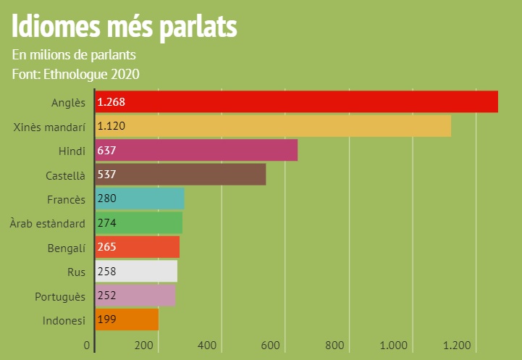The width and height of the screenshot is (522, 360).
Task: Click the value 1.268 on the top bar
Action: tap(111, 101)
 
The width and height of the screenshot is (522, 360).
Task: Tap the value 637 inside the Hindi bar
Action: tap(106, 151)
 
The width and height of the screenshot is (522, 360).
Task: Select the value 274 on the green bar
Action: tap(106, 223)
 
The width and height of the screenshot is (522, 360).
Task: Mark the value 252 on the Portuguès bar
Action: tap(106, 296)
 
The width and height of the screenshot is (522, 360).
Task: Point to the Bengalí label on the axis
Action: tap(67, 248)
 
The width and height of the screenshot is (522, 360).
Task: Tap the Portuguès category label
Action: tap(60, 297)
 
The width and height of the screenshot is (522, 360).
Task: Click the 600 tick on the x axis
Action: tap(271, 346)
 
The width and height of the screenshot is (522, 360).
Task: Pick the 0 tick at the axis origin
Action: tap(88, 346)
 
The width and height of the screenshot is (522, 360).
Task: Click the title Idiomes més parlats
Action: tap(125, 28)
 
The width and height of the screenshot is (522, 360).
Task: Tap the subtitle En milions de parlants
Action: tap(74, 55)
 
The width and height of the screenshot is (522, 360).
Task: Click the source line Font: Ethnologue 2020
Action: tap(76, 74)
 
